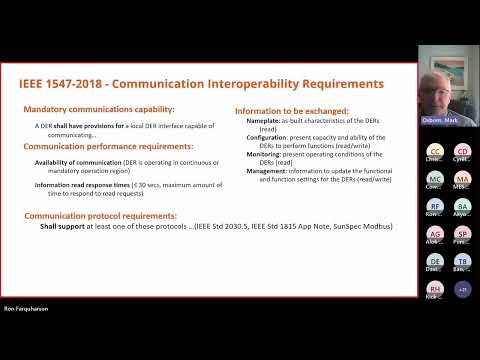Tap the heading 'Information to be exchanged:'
(x=291, y=110)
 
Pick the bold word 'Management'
(x=268, y=170)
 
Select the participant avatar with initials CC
(x=435, y=150)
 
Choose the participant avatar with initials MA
(x=462, y=178)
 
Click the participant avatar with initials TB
(x=462, y=261)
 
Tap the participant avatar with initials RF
(x=435, y=206)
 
